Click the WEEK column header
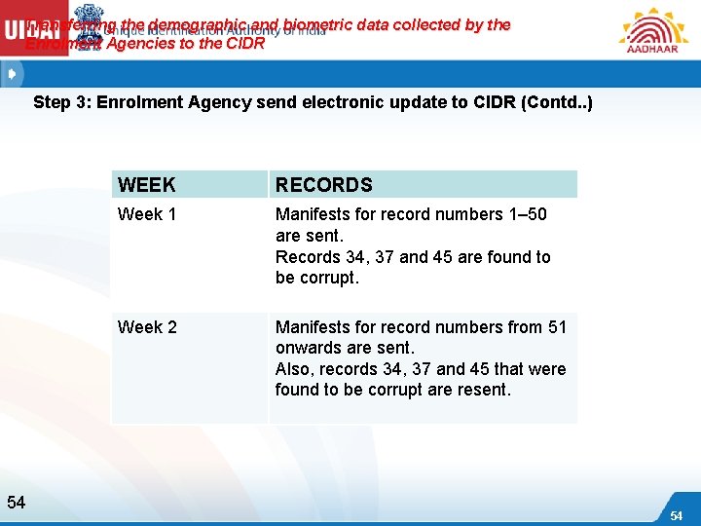[x=146, y=185]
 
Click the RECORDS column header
[x=323, y=185]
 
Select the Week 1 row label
[x=147, y=214]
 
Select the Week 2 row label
[x=147, y=327]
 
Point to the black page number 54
[x=16, y=503]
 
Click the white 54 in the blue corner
[x=676, y=514]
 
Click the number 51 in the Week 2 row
[x=557, y=327]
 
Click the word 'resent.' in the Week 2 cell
[x=483, y=390]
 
